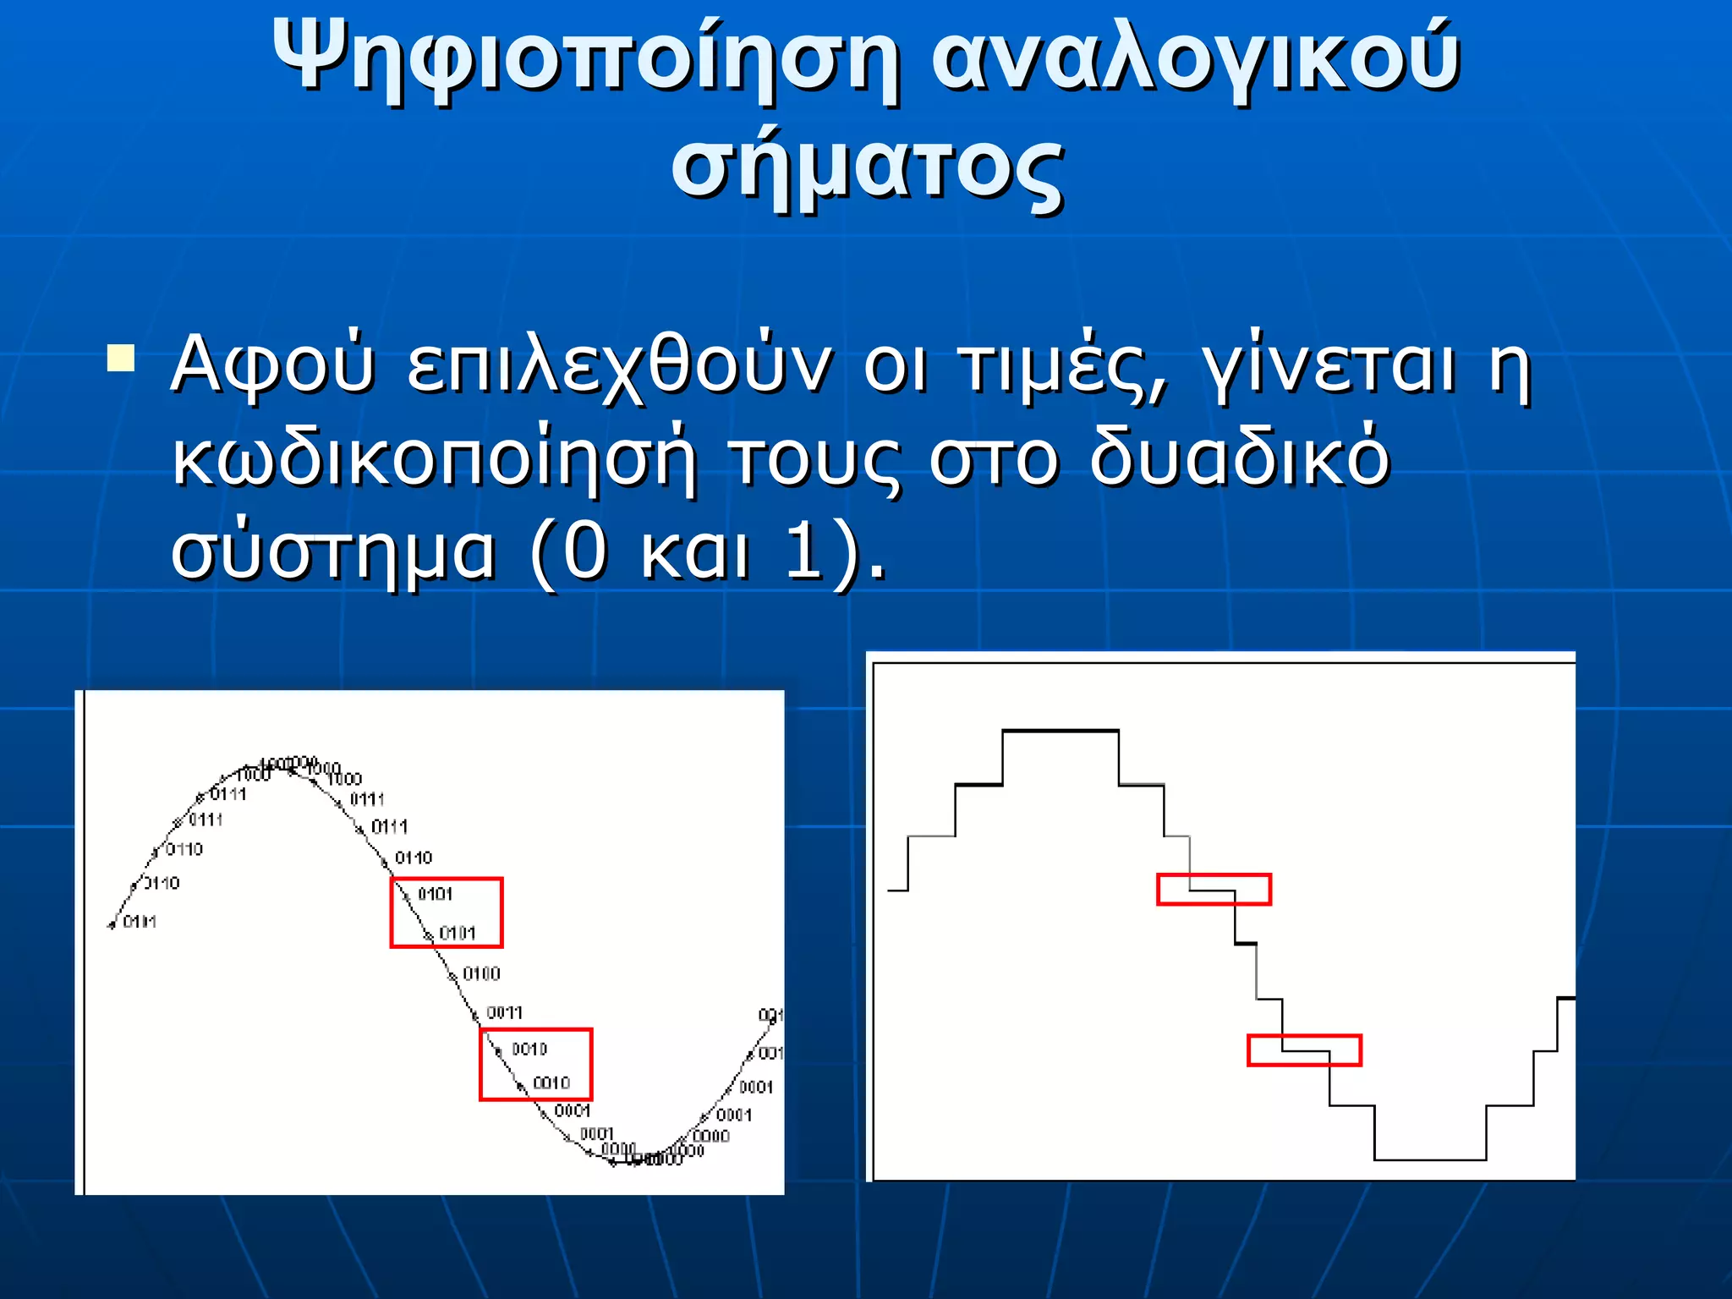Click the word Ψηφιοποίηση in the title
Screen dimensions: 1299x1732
[x=584, y=58]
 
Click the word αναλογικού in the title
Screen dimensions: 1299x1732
[x=1196, y=58]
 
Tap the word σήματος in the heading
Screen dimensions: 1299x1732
[x=866, y=167]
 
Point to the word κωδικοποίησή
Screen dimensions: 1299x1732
[x=435, y=458]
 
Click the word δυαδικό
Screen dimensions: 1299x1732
[x=1238, y=458]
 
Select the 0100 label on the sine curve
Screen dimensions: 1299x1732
[x=481, y=974]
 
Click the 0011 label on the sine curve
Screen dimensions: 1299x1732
[x=505, y=1013]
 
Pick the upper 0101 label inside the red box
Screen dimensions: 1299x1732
[x=436, y=895]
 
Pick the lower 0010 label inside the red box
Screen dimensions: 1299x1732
[x=551, y=1083]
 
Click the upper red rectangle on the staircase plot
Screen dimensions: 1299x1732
[x=1214, y=890]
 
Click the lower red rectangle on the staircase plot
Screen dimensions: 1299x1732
[x=1304, y=1050]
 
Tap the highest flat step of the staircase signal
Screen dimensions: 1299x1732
[x=1061, y=731]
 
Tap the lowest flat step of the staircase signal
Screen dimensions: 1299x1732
[x=1430, y=1159]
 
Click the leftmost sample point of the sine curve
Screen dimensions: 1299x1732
[x=112, y=926]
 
